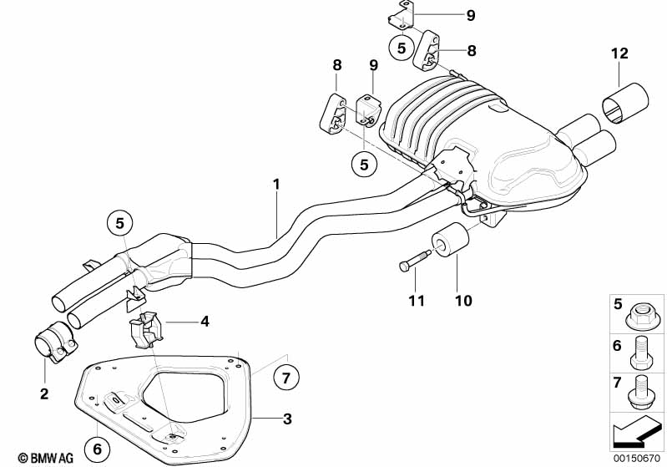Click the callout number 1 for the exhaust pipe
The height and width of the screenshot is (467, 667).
(276, 185)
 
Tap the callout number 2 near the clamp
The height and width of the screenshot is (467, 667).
(44, 393)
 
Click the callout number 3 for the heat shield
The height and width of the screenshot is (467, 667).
(287, 419)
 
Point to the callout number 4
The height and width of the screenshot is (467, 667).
(205, 322)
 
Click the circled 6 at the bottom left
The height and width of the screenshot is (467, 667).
(98, 449)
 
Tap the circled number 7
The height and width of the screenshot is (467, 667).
(285, 378)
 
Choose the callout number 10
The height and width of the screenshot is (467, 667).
(463, 301)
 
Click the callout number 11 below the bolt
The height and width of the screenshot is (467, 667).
(417, 301)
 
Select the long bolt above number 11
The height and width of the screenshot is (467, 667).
(415, 260)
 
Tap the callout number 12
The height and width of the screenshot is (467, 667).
(619, 53)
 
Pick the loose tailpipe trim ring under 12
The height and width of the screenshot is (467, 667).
(625, 103)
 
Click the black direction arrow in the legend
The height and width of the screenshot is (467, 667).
(636, 432)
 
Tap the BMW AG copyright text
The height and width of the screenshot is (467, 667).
(46, 458)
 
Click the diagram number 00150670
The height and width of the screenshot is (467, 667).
(637, 458)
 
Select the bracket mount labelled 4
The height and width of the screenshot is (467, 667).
(145, 331)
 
